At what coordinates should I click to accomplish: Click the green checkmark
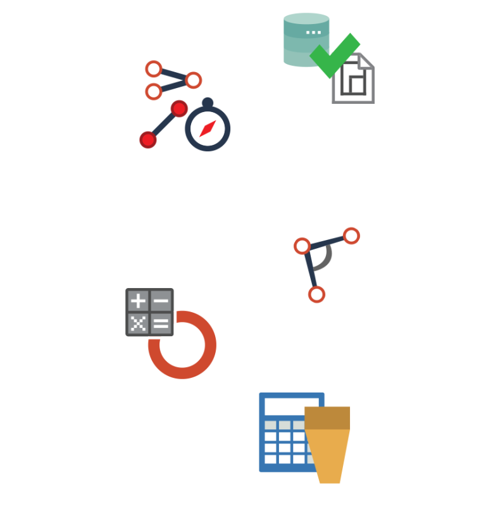tap(335, 56)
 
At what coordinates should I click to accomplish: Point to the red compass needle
tap(208, 129)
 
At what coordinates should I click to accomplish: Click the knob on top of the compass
tap(208, 102)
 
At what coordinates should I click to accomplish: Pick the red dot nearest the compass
tap(179, 109)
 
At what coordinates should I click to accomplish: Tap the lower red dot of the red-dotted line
tap(148, 139)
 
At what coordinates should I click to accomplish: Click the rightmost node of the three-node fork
tap(193, 80)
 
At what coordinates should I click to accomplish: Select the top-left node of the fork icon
tap(153, 69)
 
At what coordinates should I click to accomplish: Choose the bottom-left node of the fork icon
tap(153, 92)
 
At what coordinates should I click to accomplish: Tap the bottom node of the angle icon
tap(316, 294)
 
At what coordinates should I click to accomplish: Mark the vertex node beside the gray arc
tap(302, 246)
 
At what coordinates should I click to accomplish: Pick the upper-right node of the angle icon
tap(351, 235)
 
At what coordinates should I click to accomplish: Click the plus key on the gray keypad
tap(138, 301)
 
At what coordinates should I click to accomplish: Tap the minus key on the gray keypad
tap(161, 301)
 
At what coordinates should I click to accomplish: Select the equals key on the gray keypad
tap(161, 324)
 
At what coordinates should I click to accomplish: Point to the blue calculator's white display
tap(291, 406)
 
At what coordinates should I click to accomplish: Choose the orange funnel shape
tap(328, 446)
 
